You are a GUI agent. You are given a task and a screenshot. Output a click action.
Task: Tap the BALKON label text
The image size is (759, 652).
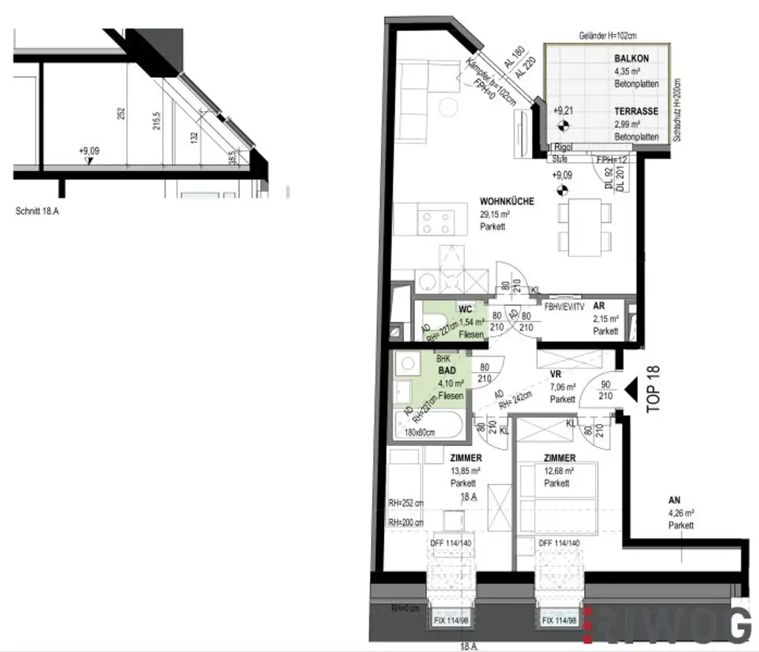pos(632,59)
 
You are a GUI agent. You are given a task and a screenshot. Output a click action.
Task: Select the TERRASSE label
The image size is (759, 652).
pos(636,111)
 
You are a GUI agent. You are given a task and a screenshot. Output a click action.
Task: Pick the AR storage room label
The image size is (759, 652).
pos(600,306)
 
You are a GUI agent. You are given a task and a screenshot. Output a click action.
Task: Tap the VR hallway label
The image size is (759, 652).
pos(555,373)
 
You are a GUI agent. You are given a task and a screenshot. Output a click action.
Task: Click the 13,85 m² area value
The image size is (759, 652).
pos(465,471)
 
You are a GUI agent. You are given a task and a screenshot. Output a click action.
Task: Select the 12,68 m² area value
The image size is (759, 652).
pos(559,471)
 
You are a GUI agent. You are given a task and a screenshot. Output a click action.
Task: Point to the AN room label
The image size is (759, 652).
pos(674,500)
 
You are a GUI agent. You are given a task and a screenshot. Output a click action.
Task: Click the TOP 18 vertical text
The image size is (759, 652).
pos(654,389)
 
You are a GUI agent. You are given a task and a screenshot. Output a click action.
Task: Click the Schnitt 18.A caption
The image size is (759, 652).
pos(37,211)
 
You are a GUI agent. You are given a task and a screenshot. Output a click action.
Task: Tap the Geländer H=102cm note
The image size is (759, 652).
pos(608,36)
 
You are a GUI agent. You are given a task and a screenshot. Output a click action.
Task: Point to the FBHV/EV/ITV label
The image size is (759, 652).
pos(564,306)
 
